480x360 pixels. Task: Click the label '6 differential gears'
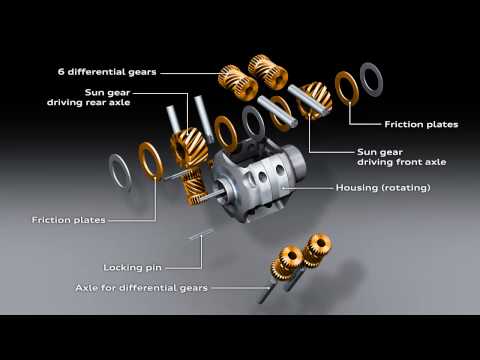tap(107, 72)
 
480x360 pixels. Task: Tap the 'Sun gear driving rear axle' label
tap(89, 97)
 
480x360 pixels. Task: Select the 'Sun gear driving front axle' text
tap(401, 157)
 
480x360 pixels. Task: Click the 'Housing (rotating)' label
tap(383, 188)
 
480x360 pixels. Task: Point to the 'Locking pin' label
tap(132, 268)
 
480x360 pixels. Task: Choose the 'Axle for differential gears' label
tap(142, 288)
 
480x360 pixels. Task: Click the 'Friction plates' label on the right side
tap(421, 124)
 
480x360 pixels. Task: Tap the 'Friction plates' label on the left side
tap(69, 220)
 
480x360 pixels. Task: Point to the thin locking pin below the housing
tap(201, 234)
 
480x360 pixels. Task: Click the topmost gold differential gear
tap(268, 72)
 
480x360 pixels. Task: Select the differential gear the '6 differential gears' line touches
tap(238, 83)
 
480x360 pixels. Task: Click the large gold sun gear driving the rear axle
tap(189, 147)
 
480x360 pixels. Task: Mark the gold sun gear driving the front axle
tap(315, 100)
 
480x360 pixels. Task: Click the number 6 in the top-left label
tap(61, 72)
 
